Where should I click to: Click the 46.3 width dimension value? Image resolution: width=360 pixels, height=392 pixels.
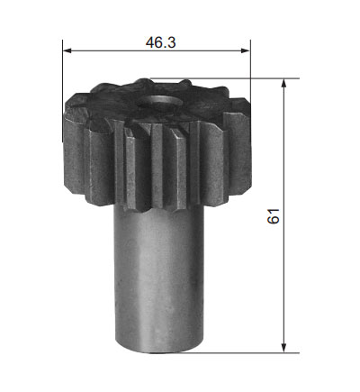(160, 42)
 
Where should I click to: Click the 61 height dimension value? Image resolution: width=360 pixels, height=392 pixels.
(273, 215)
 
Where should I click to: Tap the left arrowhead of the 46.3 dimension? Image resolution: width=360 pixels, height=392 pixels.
(67, 50)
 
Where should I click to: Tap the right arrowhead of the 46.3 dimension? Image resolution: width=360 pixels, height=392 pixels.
(246, 50)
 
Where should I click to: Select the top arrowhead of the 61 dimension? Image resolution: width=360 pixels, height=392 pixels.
(283, 83)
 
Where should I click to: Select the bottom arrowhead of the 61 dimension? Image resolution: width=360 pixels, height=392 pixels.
(283, 348)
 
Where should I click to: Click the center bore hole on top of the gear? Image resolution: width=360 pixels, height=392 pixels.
(160, 102)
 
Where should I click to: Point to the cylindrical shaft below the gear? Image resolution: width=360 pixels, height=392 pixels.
(158, 279)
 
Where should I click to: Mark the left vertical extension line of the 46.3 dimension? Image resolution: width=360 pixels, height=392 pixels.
(63, 90)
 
